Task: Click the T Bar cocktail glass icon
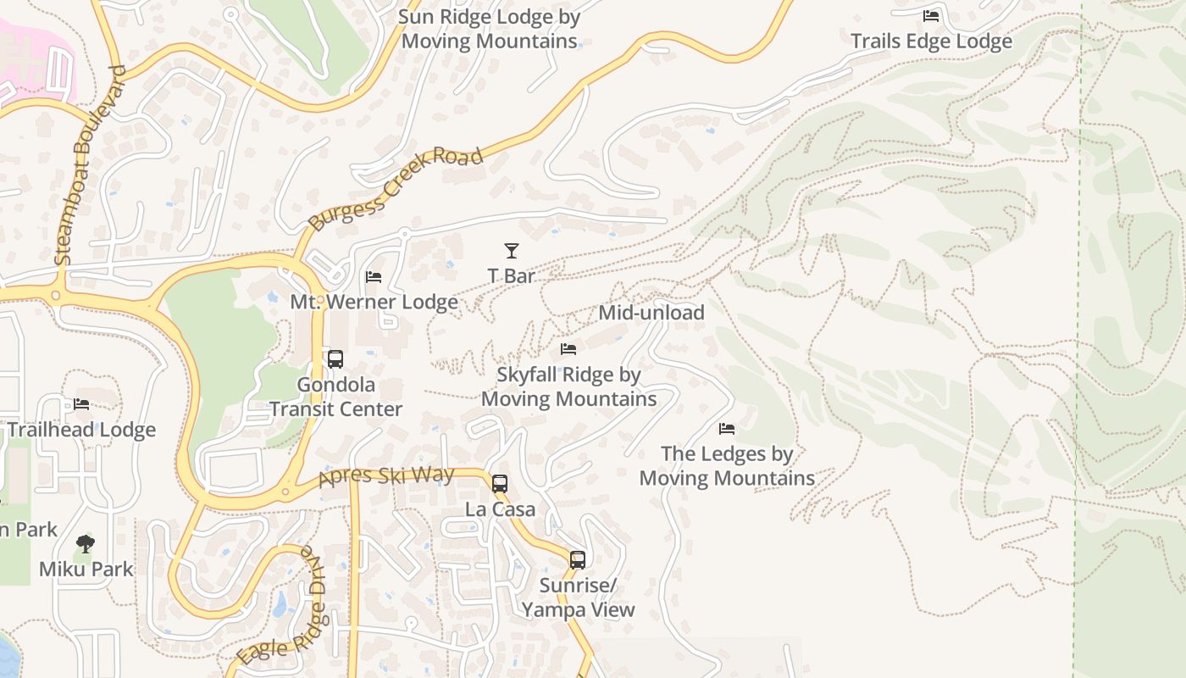click(511, 251)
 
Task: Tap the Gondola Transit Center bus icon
click(335, 359)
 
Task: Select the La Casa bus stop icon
click(500, 484)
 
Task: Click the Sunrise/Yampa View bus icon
click(578, 560)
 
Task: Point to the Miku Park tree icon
click(85, 543)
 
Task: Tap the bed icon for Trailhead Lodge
click(81, 404)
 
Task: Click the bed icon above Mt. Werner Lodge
click(374, 277)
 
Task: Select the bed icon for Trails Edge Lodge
click(931, 16)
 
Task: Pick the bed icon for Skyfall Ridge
click(568, 349)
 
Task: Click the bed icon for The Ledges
click(727, 429)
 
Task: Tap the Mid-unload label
click(651, 313)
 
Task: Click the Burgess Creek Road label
click(395, 188)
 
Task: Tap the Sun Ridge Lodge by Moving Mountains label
click(489, 29)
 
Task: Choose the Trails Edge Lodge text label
click(931, 42)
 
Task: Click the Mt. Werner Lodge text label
click(374, 303)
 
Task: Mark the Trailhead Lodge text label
click(81, 430)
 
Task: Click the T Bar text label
click(511, 276)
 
